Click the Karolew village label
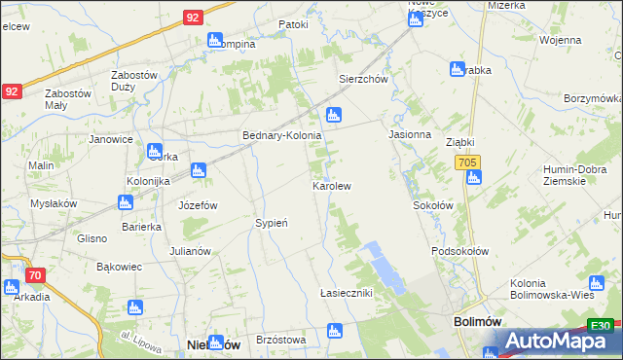point(331,185)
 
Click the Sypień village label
point(272,223)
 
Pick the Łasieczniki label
point(347,293)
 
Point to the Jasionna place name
point(410,134)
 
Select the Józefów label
point(198,206)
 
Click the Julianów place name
point(190,251)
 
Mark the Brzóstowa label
point(281,340)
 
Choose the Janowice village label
point(111,139)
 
